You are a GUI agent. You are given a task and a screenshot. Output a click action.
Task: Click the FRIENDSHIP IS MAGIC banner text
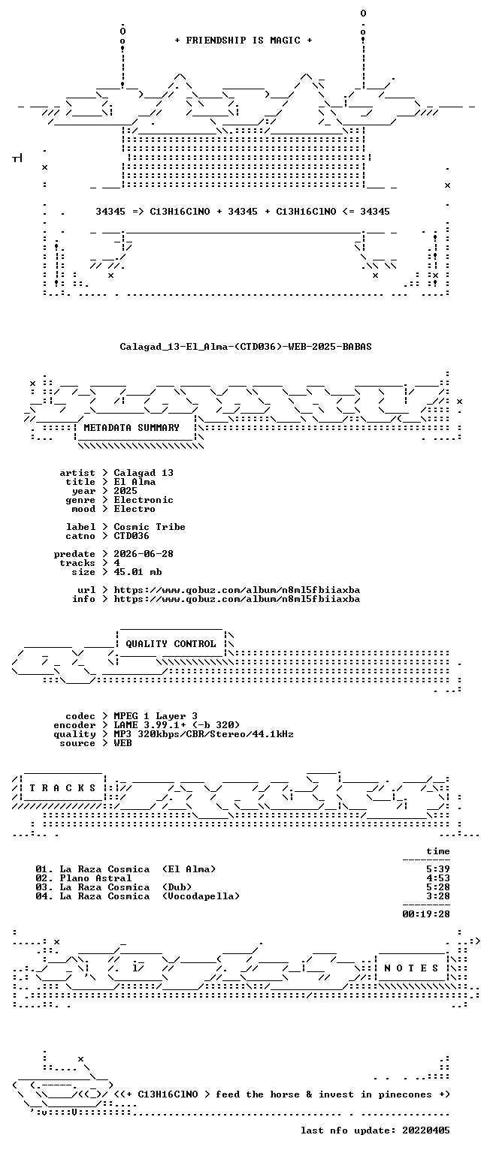(x=243, y=40)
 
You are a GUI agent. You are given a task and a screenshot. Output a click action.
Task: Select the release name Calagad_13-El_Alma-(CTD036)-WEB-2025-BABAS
(x=246, y=346)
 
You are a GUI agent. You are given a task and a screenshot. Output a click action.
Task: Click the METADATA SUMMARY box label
(x=132, y=427)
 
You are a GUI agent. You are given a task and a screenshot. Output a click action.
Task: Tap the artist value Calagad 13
(x=144, y=472)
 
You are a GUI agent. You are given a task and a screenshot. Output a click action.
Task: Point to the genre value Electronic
(x=144, y=500)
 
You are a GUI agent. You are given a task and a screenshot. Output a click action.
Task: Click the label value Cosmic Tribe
(x=150, y=526)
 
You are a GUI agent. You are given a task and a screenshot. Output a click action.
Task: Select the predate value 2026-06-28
(x=144, y=554)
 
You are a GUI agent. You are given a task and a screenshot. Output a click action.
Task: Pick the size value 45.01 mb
(x=138, y=572)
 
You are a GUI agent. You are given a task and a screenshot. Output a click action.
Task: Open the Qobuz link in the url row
(x=237, y=590)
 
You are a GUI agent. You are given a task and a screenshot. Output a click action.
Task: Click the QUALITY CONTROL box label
(x=171, y=644)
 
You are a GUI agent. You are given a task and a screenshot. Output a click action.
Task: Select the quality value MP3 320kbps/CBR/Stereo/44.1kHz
(x=204, y=734)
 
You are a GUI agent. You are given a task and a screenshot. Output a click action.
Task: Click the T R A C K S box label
(x=63, y=788)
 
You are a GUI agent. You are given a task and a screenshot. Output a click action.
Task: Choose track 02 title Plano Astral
(x=95, y=878)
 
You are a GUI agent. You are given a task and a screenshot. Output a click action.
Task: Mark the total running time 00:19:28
(x=426, y=914)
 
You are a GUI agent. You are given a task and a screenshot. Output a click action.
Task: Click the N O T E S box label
(x=411, y=968)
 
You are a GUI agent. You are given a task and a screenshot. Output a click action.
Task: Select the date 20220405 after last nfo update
(x=426, y=1130)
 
